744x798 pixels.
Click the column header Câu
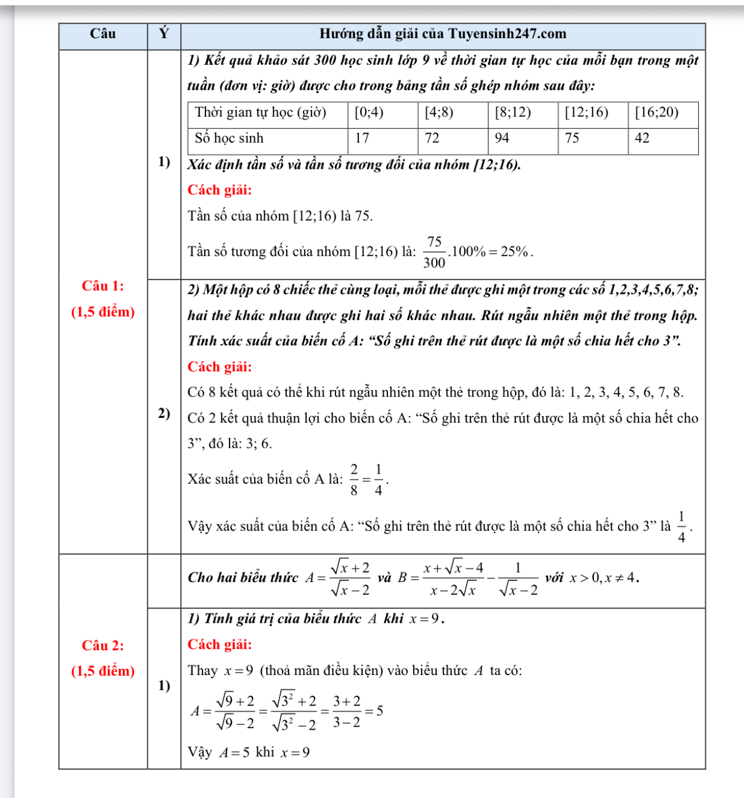[103, 34]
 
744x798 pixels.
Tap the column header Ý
[164, 34]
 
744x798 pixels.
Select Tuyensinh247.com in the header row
[507, 34]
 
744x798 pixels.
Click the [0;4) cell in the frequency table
[369, 112]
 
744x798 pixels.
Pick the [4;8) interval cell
[439, 112]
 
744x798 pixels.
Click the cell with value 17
[362, 138]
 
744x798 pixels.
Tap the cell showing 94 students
[502, 138]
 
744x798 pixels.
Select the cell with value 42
[642, 138]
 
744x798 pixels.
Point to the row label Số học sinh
[229, 138]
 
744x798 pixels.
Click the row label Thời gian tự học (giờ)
[260, 112]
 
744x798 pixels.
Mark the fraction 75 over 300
[434, 252]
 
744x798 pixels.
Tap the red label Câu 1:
[103, 286]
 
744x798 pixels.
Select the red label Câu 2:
[103, 646]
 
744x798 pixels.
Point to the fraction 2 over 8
[354, 480]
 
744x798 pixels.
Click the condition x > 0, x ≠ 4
[604, 578]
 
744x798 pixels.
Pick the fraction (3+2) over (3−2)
[346, 711]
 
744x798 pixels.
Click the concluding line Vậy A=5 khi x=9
[248, 753]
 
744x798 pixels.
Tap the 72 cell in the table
[432, 138]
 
